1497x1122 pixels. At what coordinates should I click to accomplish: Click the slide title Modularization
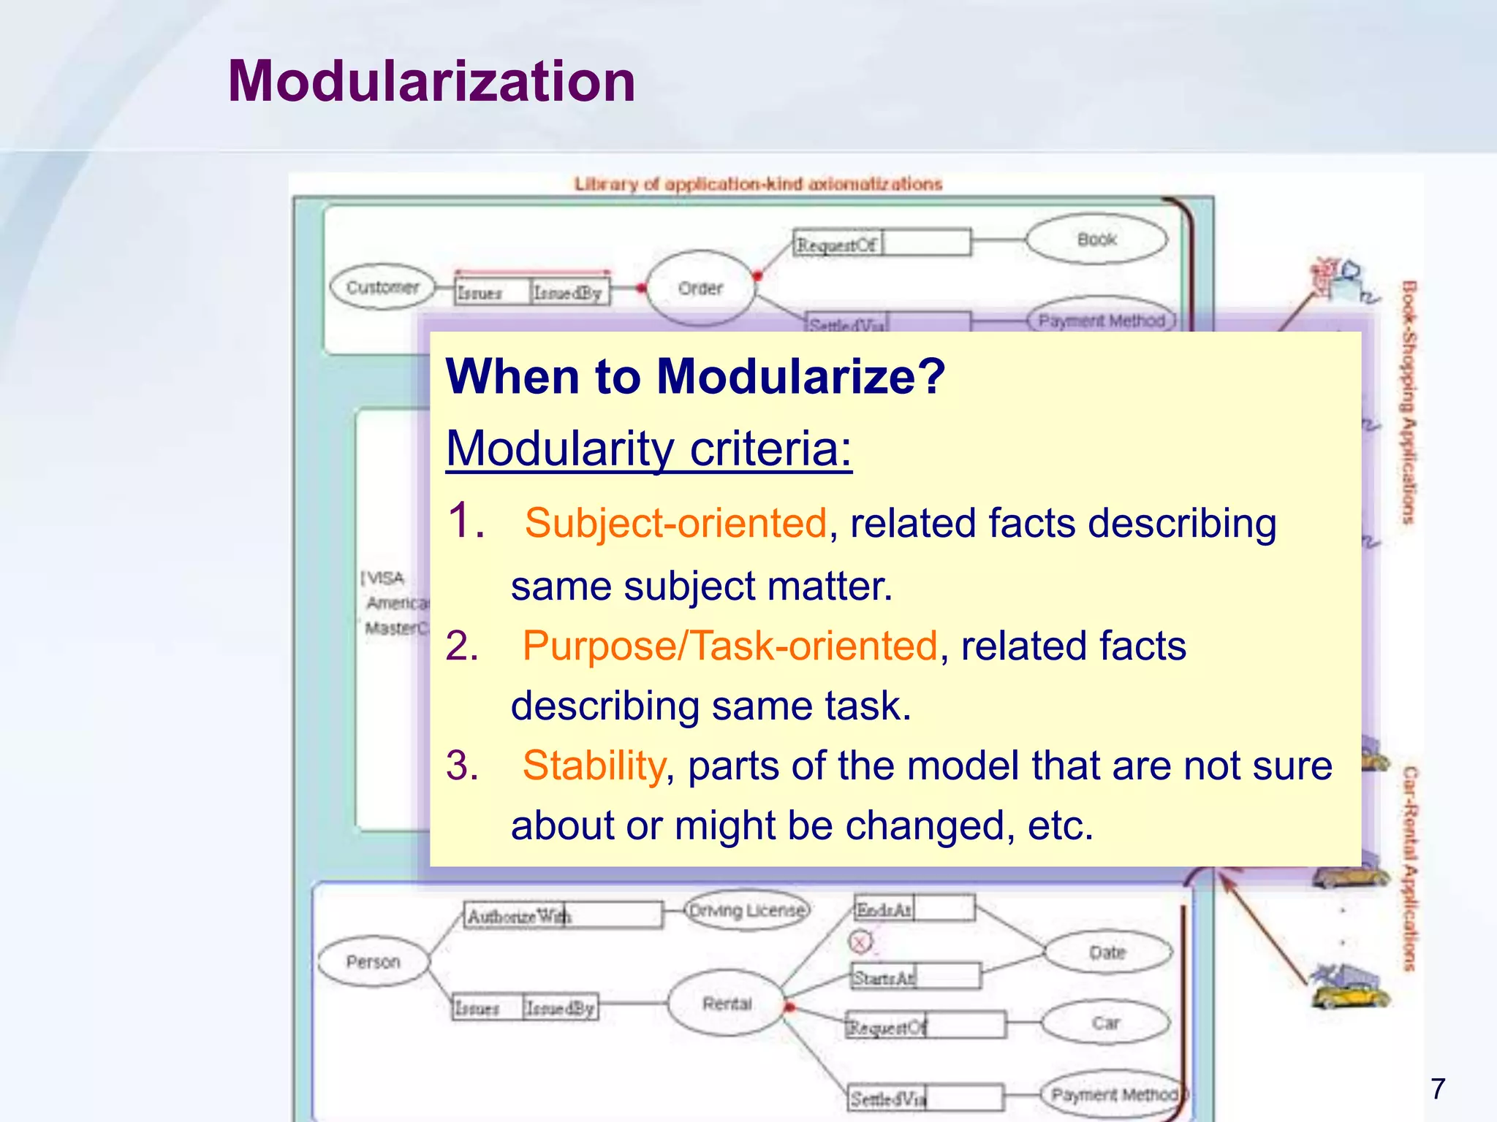(431, 81)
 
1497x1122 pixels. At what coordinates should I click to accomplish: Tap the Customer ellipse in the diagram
(382, 287)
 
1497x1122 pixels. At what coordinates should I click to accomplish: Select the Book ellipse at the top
(1096, 239)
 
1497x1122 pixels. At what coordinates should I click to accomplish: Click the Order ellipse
(700, 289)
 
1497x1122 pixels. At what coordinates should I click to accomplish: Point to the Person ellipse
(374, 961)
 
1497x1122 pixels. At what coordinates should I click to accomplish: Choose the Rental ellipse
(727, 1004)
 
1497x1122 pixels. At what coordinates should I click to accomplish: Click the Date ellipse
(1107, 953)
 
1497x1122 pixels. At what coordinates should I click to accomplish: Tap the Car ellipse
(1105, 1023)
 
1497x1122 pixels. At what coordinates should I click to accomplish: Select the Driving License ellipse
(747, 910)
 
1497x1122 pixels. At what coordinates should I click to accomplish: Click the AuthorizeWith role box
(563, 915)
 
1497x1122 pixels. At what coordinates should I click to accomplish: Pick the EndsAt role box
(914, 909)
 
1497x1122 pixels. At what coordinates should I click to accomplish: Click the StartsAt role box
(915, 977)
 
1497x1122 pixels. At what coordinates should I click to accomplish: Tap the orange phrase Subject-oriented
(675, 523)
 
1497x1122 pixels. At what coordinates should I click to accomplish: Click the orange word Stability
(594, 766)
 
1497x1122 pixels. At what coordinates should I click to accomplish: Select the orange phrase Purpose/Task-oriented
(729, 646)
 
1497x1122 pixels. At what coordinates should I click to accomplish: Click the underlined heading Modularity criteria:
(649, 448)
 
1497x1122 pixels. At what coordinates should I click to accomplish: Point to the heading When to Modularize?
(695, 377)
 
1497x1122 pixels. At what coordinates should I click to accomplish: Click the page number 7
(1438, 1088)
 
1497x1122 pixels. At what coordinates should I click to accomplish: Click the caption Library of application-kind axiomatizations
(758, 184)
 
